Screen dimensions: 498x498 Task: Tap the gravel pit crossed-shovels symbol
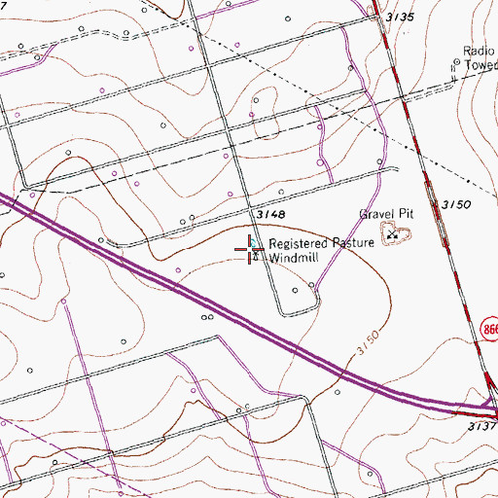(x=394, y=232)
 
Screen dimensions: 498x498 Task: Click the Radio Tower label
(x=479, y=59)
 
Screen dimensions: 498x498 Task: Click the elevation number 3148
(x=271, y=213)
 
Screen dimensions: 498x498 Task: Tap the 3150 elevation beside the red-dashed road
(x=454, y=205)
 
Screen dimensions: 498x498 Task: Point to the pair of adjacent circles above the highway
(x=207, y=317)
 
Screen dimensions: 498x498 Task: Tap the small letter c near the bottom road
(x=248, y=406)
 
